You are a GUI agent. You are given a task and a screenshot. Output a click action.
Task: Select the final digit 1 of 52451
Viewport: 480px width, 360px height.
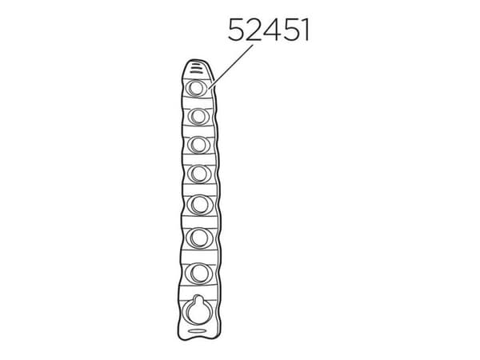[304, 30]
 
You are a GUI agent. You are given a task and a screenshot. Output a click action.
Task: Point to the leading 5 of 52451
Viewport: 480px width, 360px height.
[237, 30]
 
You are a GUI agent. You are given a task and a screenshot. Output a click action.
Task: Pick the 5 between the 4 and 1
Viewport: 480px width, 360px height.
[287, 30]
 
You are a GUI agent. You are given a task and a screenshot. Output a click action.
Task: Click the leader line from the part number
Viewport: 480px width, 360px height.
[231, 66]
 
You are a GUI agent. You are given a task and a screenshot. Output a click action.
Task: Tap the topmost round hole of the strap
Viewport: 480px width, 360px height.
[196, 89]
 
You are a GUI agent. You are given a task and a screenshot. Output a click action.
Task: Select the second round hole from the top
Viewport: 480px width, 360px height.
[198, 117]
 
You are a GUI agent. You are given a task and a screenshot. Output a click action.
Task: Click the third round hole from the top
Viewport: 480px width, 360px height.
[198, 145]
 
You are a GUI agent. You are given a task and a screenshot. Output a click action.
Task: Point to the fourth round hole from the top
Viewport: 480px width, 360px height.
[199, 174]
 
